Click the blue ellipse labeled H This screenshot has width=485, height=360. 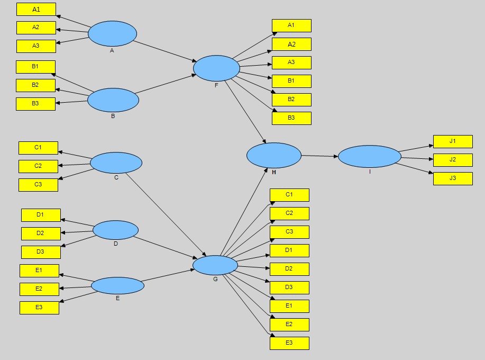pos(273,155)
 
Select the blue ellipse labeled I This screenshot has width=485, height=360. pos(369,156)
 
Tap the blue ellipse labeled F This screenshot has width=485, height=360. pos(216,68)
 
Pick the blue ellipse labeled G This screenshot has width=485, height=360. pos(215,265)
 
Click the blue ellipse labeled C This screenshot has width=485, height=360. pos(116,163)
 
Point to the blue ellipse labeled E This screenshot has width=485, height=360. pos(117,285)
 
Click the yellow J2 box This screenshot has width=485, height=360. pos(453,160)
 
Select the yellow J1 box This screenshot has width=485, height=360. pos(453,141)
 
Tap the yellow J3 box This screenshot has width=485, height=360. pos(453,178)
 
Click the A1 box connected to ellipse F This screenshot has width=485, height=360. pos(291,25)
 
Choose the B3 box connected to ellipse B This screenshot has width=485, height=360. pos(35,104)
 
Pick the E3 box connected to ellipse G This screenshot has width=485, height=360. pos(289,343)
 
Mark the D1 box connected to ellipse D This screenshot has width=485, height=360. pos(41,215)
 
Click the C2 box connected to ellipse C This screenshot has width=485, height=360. pos(38,166)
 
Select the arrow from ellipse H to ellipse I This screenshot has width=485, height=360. pos(319,156)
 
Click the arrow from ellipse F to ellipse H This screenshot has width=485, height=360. pos(246,112)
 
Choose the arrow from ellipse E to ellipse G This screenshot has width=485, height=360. pos(168,276)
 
